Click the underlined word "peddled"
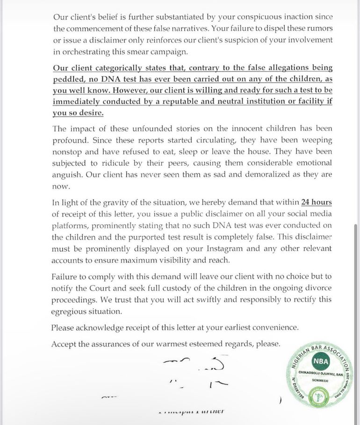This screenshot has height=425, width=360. pos(68,79)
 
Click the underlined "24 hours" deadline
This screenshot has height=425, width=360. pos(317,202)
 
